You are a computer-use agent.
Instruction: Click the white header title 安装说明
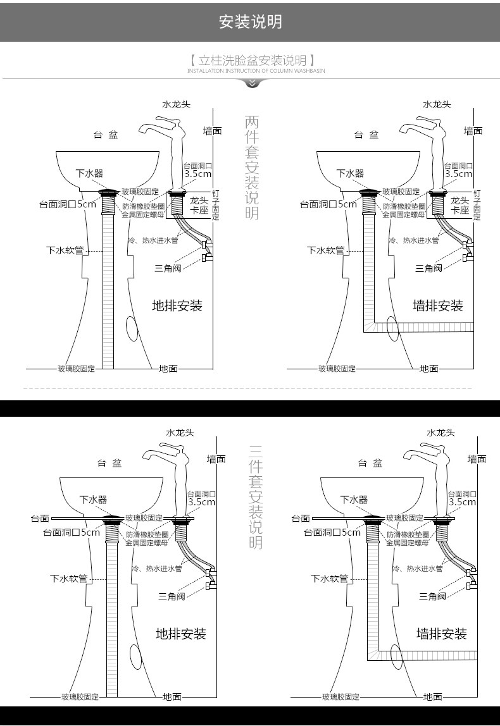[250, 22]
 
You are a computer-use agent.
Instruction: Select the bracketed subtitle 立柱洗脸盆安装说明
[252, 61]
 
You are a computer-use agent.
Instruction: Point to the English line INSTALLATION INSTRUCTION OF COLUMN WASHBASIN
[256, 71]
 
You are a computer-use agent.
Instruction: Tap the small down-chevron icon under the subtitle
[252, 83]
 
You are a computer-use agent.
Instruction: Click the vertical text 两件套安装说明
[252, 168]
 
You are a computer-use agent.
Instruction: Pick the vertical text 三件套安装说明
[256, 496]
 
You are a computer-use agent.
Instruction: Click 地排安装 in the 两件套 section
[177, 306]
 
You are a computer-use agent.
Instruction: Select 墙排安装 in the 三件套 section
[442, 634]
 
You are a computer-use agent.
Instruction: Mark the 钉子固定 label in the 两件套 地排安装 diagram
[216, 204]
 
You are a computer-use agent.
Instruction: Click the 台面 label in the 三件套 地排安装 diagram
[40, 519]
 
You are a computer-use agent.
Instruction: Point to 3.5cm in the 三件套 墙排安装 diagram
[463, 501]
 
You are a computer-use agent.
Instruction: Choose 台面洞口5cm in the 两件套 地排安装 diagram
[68, 204]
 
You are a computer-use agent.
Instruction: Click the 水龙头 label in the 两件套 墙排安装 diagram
[437, 104]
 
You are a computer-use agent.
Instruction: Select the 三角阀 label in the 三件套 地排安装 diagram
[172, 596]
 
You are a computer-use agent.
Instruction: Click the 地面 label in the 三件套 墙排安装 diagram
[433, 696]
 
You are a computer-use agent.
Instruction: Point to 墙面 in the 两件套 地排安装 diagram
[212, 131]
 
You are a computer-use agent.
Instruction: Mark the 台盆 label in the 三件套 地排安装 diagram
[109, 463]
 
